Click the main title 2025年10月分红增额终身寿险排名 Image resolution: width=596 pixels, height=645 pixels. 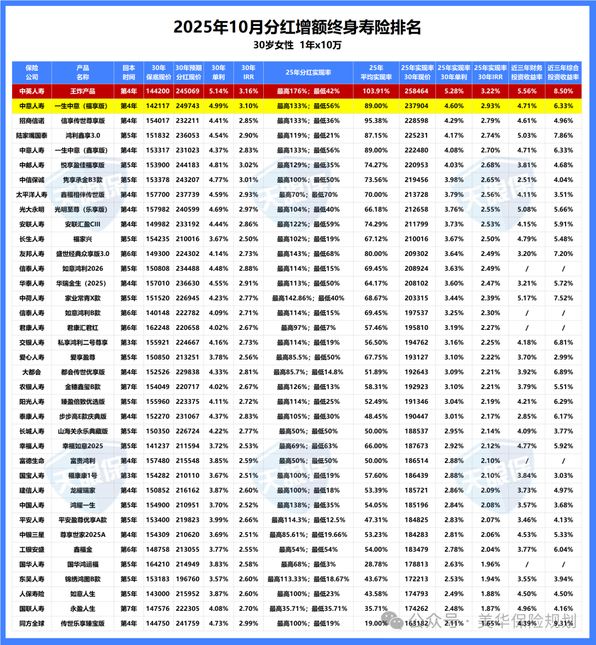(x=297, y=26)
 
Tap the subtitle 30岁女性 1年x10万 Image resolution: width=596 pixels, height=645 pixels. (x=297, y=45)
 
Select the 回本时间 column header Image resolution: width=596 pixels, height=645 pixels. (x=129, y=72)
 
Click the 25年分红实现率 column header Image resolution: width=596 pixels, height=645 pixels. (x=308, y=72)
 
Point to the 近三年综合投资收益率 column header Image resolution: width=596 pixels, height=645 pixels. (x=563, y=72)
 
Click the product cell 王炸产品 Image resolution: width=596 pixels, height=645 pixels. (x=83, y=91)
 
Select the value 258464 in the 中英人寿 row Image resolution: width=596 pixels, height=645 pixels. (x=417, y=91)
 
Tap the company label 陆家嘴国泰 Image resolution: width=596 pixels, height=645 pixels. (x=31, y=135)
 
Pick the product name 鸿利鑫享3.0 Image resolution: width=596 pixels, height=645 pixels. (x=83, y=135)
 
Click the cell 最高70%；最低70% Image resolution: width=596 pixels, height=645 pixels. (x=308, y=194)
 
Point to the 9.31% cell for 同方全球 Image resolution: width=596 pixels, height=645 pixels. (x=563, y=623)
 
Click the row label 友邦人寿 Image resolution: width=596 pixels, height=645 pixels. (x=31, y=254)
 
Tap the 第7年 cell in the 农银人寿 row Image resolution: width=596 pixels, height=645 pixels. (x=129, y=387)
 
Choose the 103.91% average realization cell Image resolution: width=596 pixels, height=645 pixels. (x=376, y=91)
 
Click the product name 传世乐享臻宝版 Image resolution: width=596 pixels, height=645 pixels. (x=83, y=623)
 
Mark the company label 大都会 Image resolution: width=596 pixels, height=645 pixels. (x=31, y=372)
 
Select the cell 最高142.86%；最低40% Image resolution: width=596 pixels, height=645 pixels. (x=308, y=298)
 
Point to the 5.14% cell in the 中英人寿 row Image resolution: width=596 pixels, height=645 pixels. (x=219, y=91)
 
